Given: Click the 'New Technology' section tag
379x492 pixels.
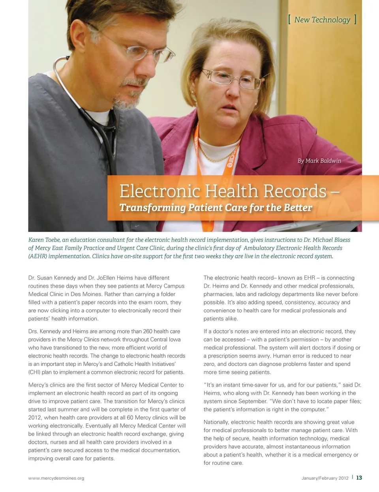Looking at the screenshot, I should (x=322, y=20).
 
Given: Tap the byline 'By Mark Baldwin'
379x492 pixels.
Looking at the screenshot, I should (x=319, y=161).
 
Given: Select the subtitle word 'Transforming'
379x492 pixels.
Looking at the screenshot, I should (x=152, y=208).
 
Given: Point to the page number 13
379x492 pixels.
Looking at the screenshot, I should (x=359, y=477).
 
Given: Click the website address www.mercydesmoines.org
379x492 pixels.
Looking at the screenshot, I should (x=56, y=478).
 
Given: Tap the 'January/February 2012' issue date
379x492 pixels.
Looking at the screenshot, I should (x=325, y=478).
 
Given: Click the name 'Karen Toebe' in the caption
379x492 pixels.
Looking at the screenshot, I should (x=44, y=240).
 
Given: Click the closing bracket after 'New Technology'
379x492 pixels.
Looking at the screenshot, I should (x=355, y=20).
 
